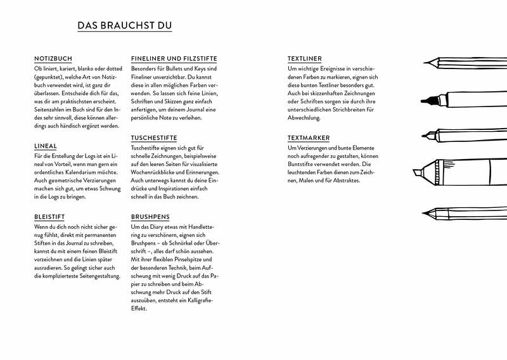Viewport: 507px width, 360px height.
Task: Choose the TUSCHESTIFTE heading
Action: pos(153,138)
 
